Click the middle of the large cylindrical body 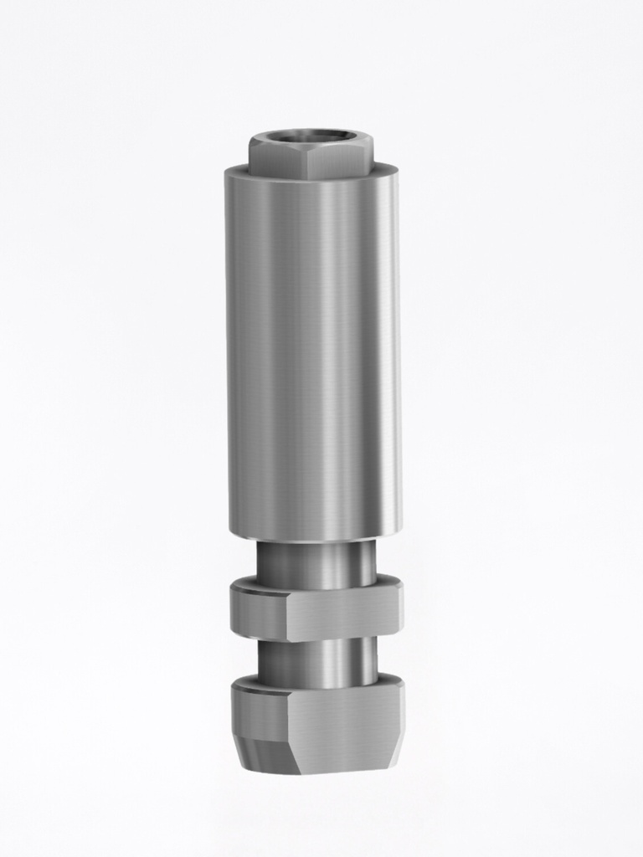coord(312,352)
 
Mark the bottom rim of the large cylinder coord(312,536)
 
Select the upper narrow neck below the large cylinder coord(316,562)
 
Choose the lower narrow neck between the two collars coord(316,662)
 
